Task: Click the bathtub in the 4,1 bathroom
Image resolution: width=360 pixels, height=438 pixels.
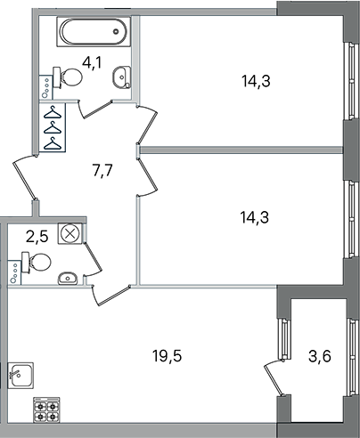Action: point(94,32)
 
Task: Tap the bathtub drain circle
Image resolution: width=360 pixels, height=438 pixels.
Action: point(116,31)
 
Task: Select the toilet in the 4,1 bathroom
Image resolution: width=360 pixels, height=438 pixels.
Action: point(68,77)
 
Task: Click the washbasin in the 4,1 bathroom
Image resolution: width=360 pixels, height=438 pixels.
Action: point(122,77)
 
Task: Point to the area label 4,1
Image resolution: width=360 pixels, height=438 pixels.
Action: point(92,62)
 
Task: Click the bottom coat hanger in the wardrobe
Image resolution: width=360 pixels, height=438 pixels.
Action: point(53,143)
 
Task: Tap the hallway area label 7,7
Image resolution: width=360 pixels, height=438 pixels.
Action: point(102,170)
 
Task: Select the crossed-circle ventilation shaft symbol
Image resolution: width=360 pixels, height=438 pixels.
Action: point(70,233)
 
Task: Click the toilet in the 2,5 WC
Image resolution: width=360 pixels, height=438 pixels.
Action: point(36,262)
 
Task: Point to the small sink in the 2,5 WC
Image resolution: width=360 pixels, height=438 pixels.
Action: point(68,279)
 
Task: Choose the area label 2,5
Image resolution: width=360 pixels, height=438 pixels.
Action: point(37,237)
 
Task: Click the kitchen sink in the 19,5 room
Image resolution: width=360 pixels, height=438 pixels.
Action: point(20,375)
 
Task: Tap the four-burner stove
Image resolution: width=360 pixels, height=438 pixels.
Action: point(46,410)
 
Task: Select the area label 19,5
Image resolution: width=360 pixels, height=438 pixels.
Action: point(167,355)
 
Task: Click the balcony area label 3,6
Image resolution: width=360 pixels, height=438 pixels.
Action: point(320,356)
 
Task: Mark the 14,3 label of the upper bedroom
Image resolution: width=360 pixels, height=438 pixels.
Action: point(256,81)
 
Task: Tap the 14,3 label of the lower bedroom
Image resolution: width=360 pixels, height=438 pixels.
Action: point(255,217)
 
